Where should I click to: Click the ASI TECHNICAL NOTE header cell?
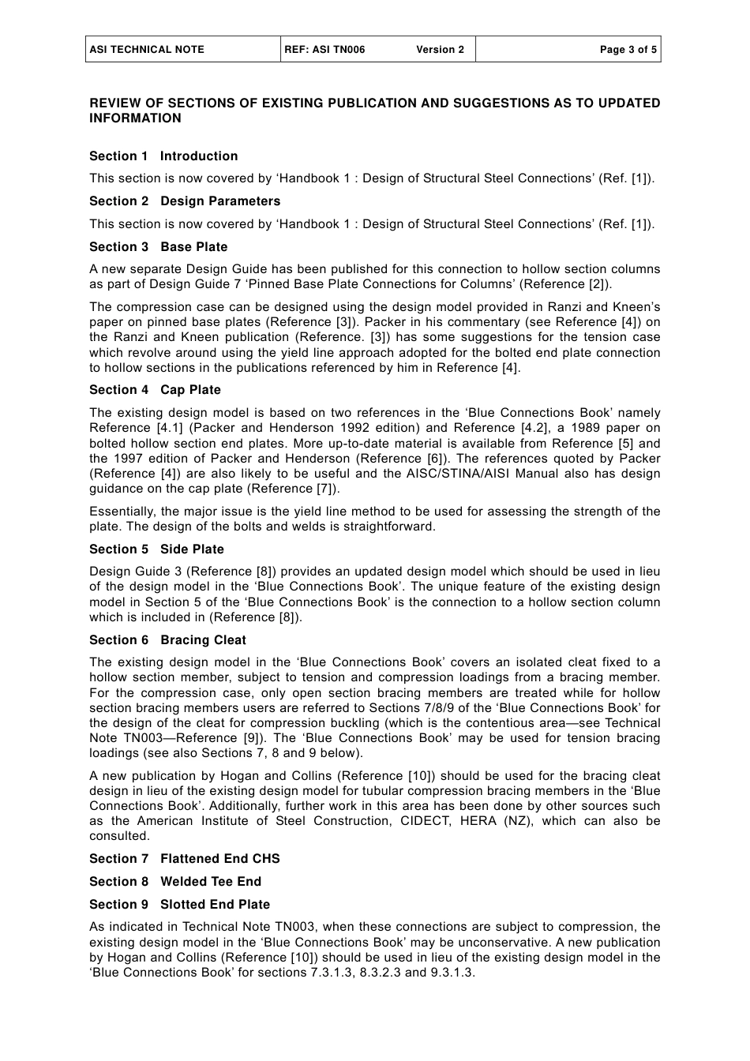[x=147, y=49]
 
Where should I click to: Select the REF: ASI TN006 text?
[x=325, y=49]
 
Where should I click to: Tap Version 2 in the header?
[x=440, y=49]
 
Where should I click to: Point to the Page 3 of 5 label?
[x=628, y=49]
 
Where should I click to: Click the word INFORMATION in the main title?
[x=135, y=118]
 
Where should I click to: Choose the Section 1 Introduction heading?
[x=163, y=156]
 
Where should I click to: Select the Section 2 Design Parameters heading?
[x=185, y=201]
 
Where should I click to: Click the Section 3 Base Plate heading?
[x=158, y=247]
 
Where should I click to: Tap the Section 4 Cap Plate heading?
[x=155, y=390]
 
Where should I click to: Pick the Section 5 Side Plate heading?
[x=156, y=549]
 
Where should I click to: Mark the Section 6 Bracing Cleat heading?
[x=167, y=640]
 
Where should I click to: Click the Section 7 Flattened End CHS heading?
[x=184, y=859]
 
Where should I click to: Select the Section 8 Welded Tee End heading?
[x=174, y=882]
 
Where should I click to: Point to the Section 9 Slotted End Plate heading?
[x=179, y=905]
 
